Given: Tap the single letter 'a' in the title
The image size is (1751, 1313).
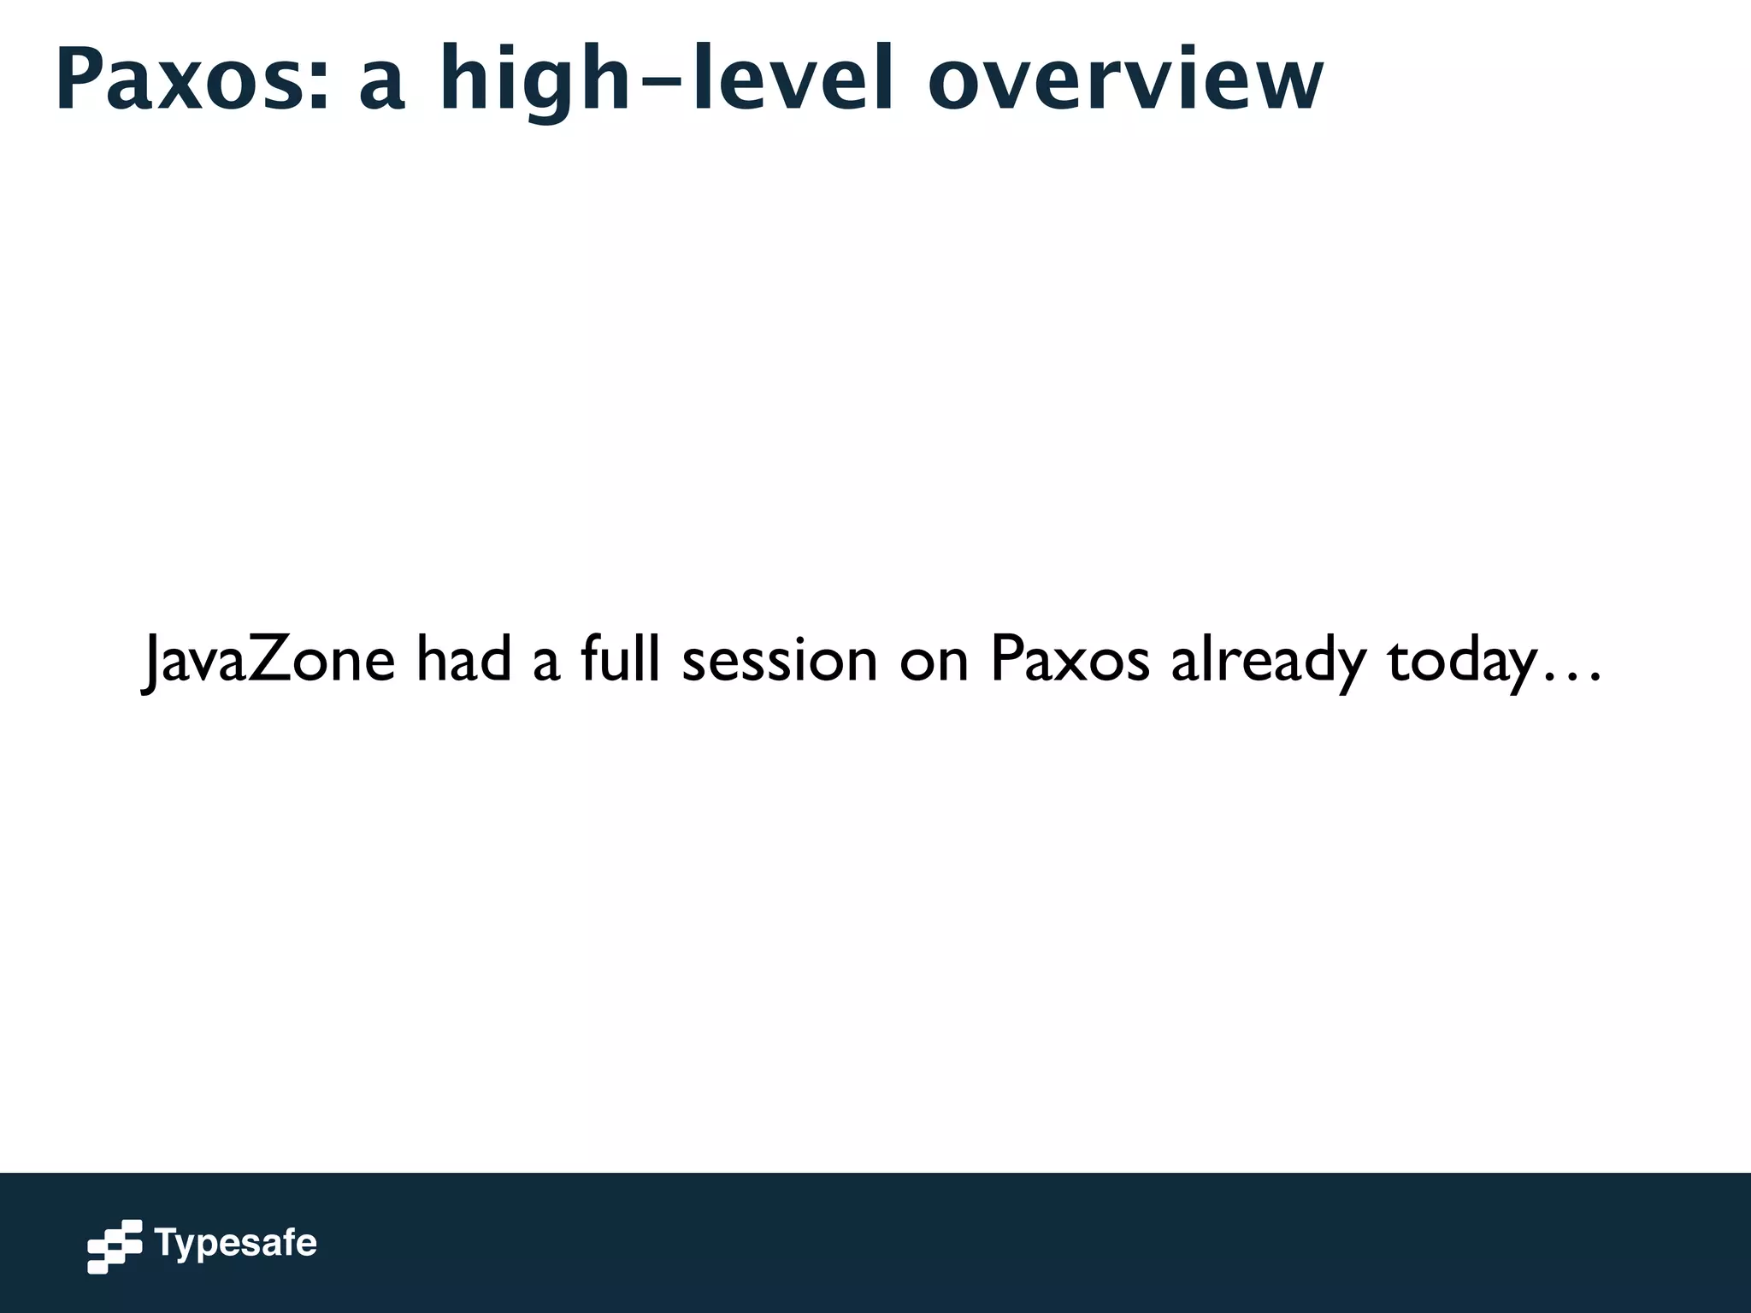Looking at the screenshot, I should (381, 88).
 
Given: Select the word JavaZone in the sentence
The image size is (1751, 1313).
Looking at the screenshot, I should (268, 659).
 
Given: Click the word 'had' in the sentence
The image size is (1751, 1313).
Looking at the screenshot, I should (463, 659).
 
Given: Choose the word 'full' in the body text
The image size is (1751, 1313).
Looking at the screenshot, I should (620, 659).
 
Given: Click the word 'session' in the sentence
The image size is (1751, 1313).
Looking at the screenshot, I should (780, 662).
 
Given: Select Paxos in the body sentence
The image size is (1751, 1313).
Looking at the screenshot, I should (1070, 659).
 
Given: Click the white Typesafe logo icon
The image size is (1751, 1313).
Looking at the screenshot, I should (115, 1245).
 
